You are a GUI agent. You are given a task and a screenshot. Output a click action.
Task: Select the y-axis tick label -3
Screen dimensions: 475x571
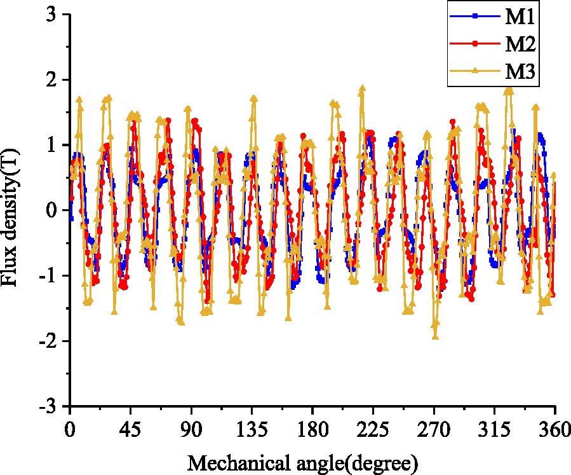48,406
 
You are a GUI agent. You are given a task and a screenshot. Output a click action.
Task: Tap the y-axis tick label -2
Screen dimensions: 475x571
48,341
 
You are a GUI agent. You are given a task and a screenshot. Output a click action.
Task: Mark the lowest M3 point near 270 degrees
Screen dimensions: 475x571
435,335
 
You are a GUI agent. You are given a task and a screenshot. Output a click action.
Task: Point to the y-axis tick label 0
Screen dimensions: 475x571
52,210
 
